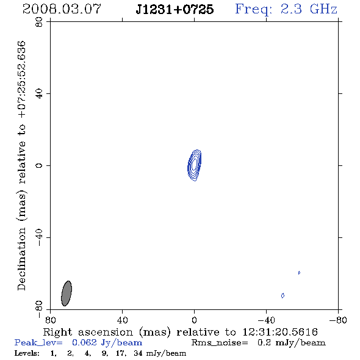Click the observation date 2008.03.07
62,9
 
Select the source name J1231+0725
175,9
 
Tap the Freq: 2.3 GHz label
286,9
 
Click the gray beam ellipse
67,293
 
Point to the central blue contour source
195,165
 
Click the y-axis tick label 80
39,22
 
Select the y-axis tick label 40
39,94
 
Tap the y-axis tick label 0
39,165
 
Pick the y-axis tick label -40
39,237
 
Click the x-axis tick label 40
123,320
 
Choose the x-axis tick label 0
195,320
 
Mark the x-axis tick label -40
266,320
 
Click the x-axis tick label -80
338,320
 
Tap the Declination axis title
22,165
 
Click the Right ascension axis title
181,332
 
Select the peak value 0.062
84,342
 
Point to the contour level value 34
139,353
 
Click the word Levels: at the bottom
27,353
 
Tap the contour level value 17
121,353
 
